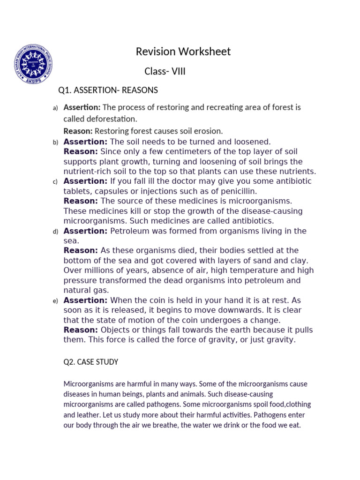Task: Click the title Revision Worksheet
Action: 183,52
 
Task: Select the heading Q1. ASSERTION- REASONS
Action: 108,90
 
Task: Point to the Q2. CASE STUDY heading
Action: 91,362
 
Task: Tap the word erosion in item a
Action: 211,131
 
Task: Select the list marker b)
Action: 55,142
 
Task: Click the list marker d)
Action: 55,232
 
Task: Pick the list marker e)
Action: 55,301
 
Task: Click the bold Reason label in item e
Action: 81,330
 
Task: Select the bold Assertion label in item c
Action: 85,181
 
